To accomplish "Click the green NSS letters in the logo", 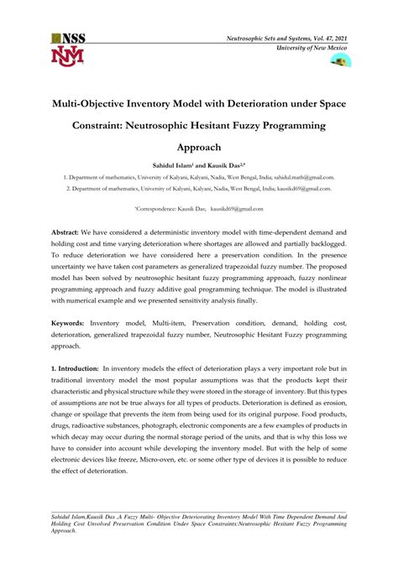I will click(72, 39).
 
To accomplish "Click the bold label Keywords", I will click(67, 322).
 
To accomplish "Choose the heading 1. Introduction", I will click(74, 367).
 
